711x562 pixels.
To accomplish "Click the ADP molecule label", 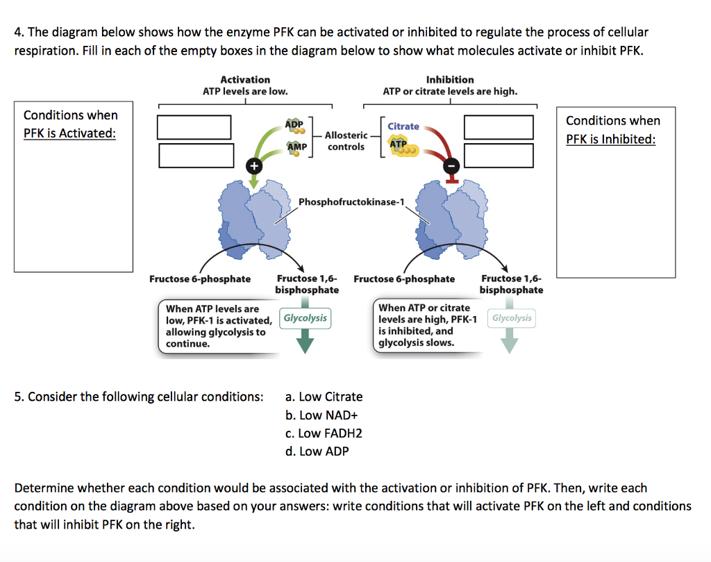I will [x=294, y=124].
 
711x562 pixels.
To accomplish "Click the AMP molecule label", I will [x=296, y=147].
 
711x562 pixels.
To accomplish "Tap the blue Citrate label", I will [x=403, y=126].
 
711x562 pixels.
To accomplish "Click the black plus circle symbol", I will [x=253, y=165].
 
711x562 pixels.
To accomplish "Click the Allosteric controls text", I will [x=345, y=141].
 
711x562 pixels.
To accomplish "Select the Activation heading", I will [x=245, y=80].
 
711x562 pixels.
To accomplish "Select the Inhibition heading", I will [x=450, y=80].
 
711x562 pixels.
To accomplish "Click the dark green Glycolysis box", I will [x=305, y=318].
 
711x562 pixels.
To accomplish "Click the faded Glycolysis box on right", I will [x=512, y=318].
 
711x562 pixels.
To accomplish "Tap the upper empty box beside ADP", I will [x=194, y=127].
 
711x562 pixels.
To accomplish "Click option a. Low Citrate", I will [x=324, y=397].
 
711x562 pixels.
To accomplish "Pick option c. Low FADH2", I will [x=324, y=433].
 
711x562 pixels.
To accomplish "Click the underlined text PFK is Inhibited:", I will [x=610, y=139].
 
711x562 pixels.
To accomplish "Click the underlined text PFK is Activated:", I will [x=69, y=133].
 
